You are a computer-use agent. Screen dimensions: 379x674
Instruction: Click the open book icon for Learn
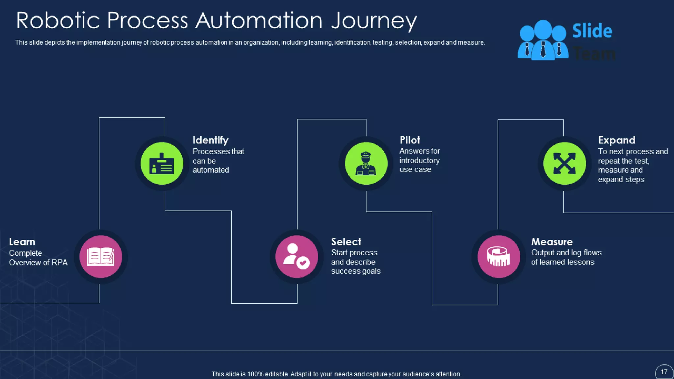point(101,257)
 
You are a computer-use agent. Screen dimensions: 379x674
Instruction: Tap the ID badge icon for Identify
point(162,164)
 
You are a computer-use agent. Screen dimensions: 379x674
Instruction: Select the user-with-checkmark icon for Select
point(297,257)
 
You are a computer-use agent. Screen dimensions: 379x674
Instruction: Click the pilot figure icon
point(366,164)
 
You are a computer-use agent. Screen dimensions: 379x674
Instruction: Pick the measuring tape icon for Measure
point(499,257)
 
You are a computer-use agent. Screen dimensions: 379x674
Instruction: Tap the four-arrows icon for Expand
point(564,164)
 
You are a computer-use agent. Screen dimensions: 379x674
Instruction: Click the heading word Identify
point(210,140)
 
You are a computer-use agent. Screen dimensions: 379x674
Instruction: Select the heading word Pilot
point(410,140)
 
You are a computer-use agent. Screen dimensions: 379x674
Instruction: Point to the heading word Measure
point(552,242)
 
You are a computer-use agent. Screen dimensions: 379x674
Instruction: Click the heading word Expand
point(616,140)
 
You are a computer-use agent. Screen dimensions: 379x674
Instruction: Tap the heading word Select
point(346,242)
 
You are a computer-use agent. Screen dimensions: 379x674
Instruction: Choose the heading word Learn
point(22,242)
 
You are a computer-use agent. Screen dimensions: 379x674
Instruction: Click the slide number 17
point(664,372)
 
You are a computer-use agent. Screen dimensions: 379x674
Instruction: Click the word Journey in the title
point(374,21)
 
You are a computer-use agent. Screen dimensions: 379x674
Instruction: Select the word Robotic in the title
point(58,20)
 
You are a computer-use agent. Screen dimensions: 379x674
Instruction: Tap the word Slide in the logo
point(592,31)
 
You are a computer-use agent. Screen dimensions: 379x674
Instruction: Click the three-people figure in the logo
point(543,40)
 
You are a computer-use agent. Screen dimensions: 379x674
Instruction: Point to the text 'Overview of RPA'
point(38,263)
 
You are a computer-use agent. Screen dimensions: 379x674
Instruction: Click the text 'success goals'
point(355,271)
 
